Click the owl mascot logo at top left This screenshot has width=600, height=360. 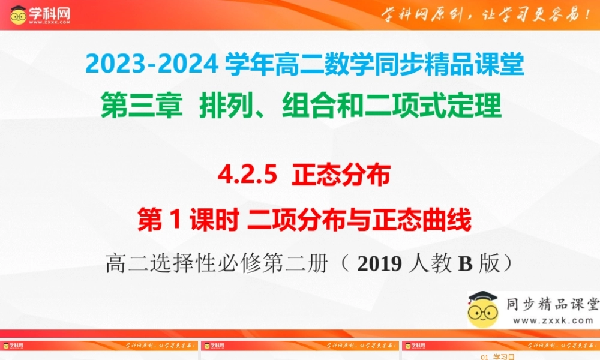click(x=19, y=15)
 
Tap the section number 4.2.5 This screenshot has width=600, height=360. click(x=247, y=175)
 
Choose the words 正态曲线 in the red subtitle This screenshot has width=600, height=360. click(x=420, y=221)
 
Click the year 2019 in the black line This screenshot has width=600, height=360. click(x=378, y=264)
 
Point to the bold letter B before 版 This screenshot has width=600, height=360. click(x=466, y=264)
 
